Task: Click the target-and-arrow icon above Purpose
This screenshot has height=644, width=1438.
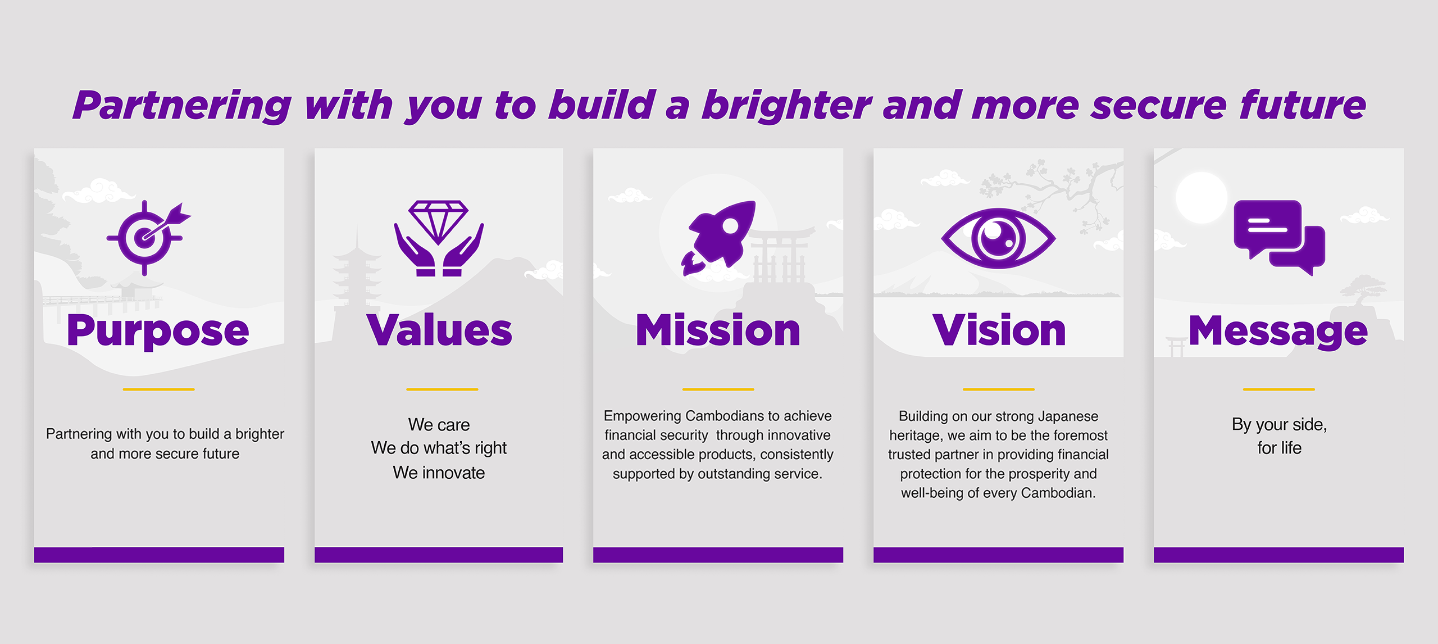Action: coord(148,238)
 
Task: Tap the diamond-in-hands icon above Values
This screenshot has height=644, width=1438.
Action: coord(439,238)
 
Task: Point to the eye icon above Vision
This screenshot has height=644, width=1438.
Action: coord(998,238)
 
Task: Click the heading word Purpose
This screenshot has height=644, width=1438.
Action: coord(158,332)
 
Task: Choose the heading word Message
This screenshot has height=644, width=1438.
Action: coord(1278,332)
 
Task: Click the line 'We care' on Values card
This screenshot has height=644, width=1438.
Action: coord(439,425)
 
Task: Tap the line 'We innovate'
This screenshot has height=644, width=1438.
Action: coord(439,473)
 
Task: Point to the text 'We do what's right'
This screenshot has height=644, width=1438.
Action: coord(439,448)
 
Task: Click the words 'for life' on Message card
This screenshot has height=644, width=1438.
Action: coord(1279,448)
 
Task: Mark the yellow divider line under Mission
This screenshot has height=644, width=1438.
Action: coord(718,389)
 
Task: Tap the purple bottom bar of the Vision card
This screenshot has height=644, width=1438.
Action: coord(998,555)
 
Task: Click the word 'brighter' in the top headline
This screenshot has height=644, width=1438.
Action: coord(786,106)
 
